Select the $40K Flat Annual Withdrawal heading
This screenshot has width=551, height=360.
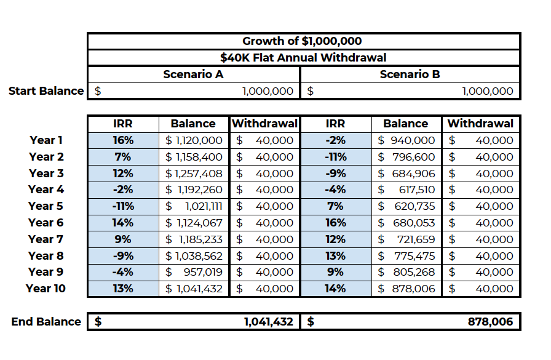coord(303,58)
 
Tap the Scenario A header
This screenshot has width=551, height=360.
coord(193,74)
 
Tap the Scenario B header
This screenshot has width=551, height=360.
coord(410,74)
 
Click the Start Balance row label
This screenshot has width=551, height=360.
coord(46,91)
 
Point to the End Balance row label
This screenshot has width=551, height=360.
coord(46,321)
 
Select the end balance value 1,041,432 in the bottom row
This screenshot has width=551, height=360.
coord(269,321)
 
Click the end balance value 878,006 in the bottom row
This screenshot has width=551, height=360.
coord(488,321)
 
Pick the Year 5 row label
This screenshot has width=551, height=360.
coord(46,206)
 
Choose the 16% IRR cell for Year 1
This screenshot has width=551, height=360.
coord(123,140)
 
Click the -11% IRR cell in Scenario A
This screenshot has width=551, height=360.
coord(123,206)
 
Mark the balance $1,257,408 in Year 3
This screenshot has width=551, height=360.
coord(194,174)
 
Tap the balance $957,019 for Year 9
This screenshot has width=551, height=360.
coord(194,272)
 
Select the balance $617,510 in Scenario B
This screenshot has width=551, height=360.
coord(406,190)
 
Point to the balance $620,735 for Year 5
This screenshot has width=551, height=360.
coord(406,206)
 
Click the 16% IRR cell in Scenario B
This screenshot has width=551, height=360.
coord(335,223)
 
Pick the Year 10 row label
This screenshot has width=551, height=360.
coord(46,289)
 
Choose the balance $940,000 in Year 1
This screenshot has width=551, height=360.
coord(406,140)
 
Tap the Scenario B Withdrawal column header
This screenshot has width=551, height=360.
coord(480,124)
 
